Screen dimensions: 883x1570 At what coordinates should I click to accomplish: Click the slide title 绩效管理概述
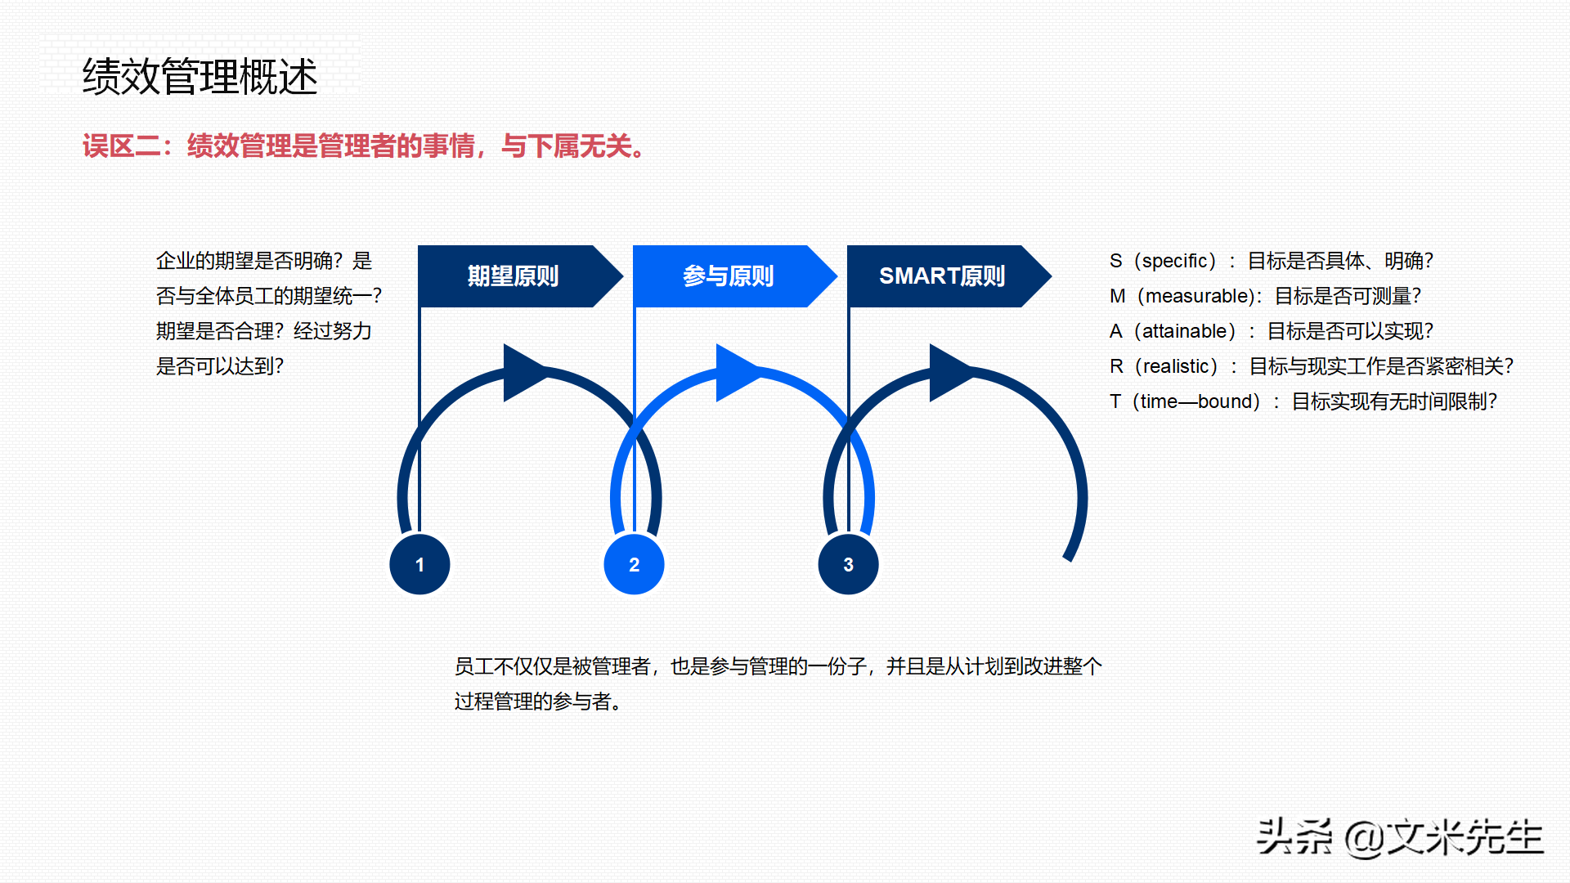[200, 77]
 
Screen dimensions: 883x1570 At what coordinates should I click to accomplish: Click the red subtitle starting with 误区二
[366, 146]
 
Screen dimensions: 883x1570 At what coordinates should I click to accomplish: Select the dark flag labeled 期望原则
[513, 276]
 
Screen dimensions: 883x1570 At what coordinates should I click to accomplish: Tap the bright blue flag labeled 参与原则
[728, 276]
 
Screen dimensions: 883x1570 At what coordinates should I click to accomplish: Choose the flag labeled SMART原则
[942, 276]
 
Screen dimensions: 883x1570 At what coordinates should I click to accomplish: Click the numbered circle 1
[419, 564]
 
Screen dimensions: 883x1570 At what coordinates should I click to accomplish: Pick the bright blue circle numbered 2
[634, 564]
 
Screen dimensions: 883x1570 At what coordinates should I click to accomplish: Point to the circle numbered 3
[848, 564]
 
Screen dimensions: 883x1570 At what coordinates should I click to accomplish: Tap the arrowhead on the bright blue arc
[735, 373]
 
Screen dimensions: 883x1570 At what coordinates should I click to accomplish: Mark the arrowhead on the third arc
[949, 373]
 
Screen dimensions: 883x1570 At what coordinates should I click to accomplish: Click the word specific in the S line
[1174, 261]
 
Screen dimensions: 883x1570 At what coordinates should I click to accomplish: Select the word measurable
[1198, 296]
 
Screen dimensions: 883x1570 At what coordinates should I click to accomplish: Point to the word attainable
[1184, 331]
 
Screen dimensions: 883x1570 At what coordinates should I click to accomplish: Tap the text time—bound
[1195, 401]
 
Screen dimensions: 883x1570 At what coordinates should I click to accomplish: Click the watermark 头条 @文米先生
[1400, 837]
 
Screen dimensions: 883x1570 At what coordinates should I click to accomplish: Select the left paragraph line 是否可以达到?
[220, 366]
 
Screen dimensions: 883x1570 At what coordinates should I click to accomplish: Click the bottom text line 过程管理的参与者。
[540, 701]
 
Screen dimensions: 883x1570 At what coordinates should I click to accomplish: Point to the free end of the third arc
[1068, 558]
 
